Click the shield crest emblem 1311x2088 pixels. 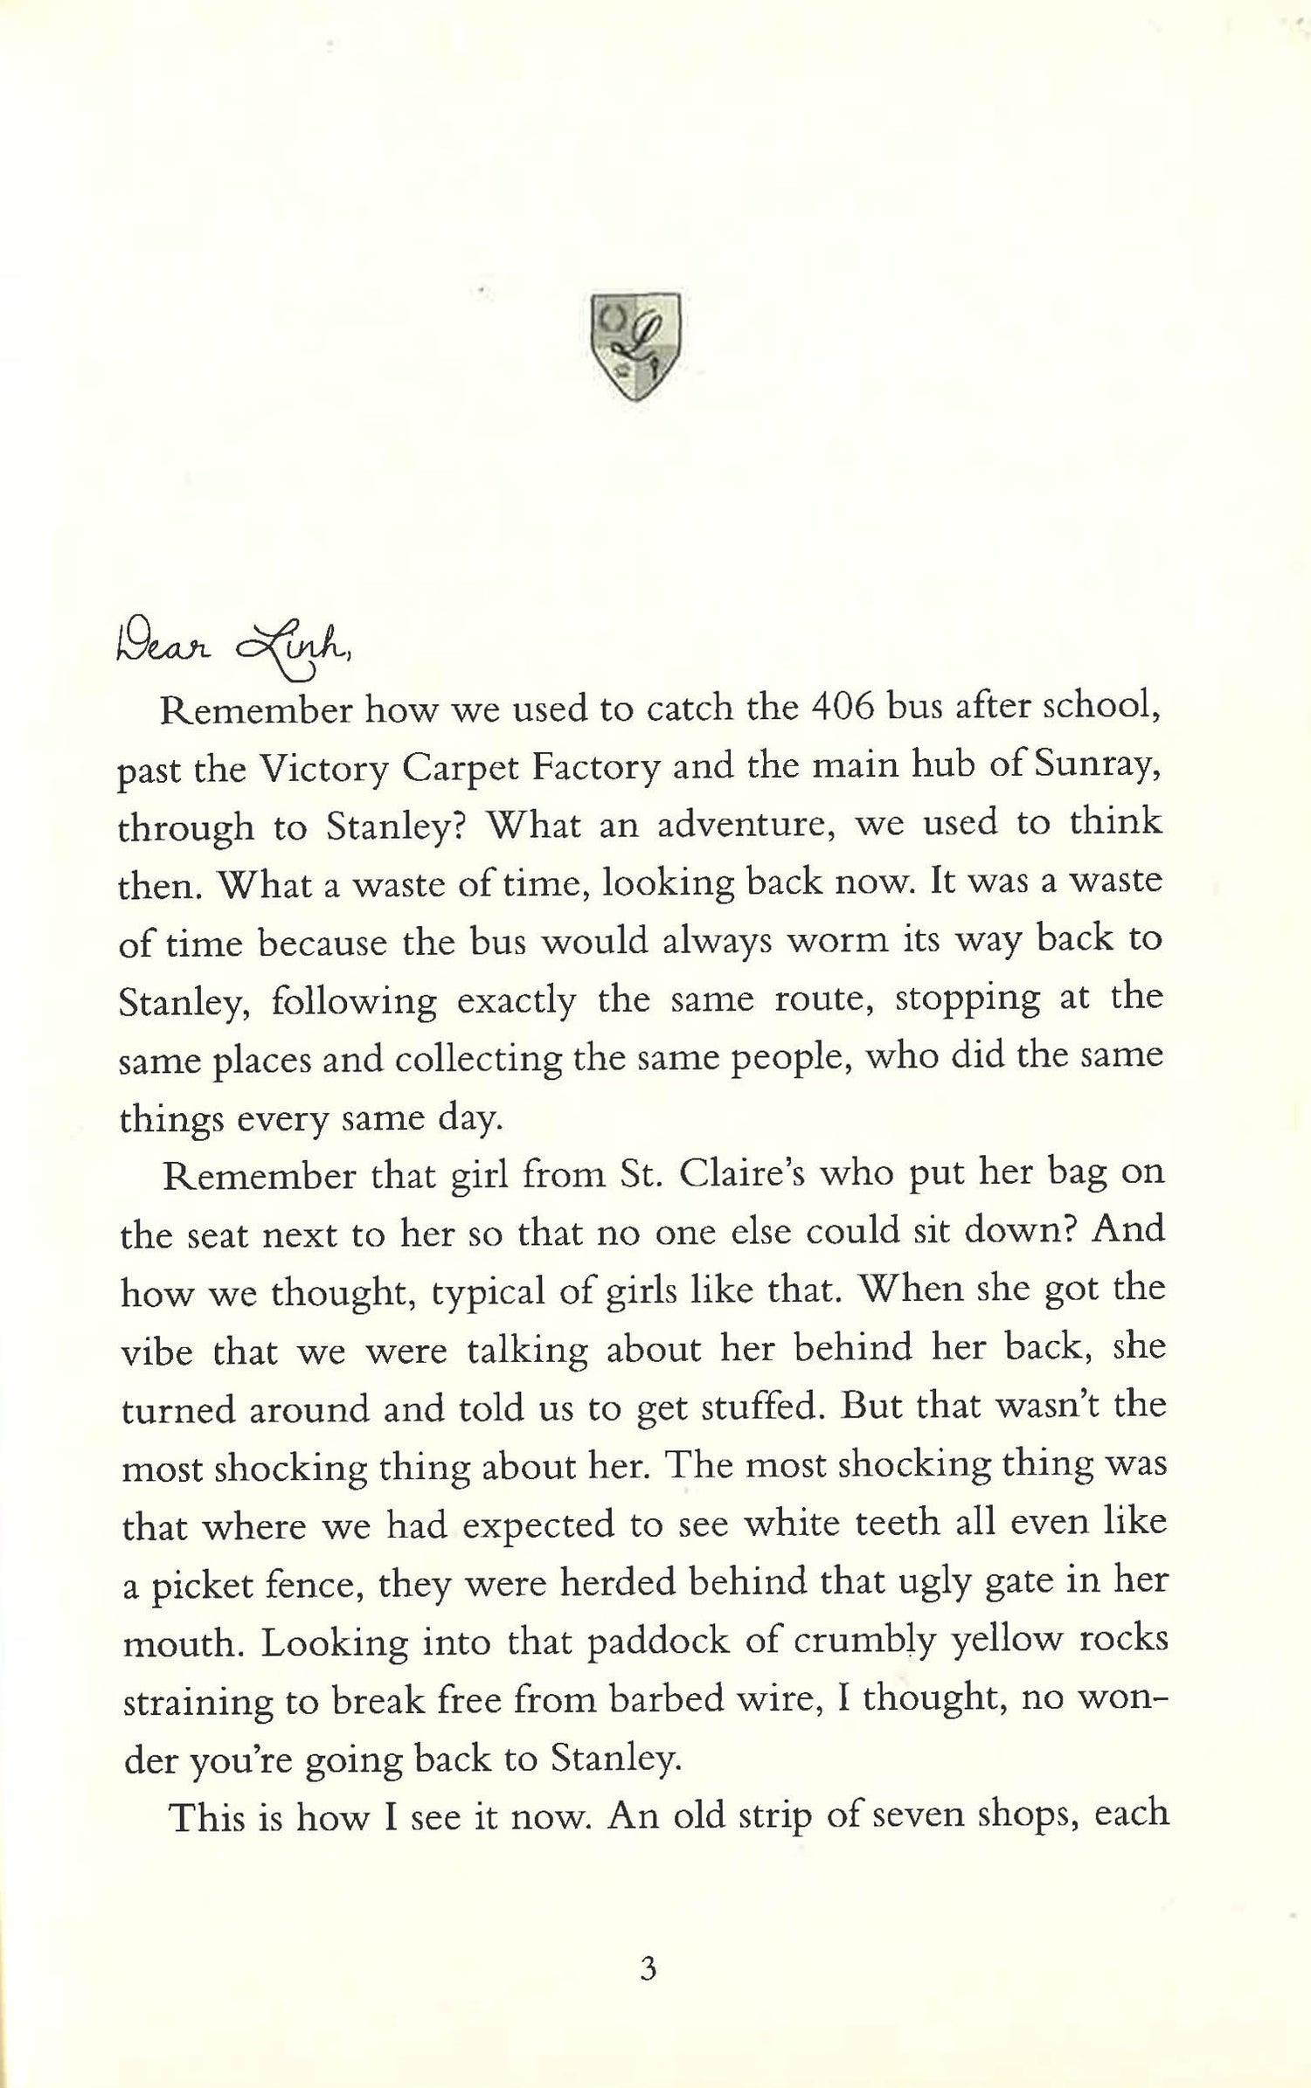tap(635, 348)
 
